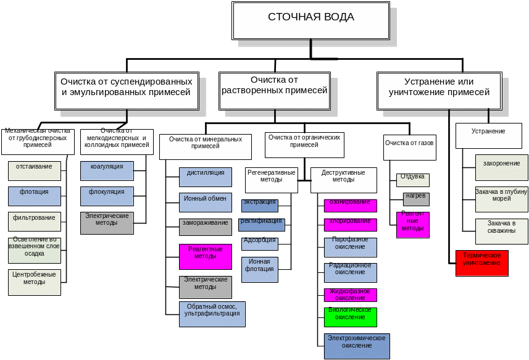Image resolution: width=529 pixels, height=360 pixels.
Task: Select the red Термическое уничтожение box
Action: click(x=481, y=263)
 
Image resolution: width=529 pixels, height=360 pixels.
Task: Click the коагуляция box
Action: click(x=107, y=170)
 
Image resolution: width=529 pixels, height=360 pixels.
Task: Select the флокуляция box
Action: click(x=107, y=196)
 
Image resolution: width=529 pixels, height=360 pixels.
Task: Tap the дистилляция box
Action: click(x=205, y=177)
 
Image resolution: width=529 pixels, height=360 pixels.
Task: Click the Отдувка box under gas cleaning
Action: click(x=412, y=180)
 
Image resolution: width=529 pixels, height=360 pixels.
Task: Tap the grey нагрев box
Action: click(x=415, y=199)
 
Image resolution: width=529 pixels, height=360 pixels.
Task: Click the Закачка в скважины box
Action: click(x=501, y=231)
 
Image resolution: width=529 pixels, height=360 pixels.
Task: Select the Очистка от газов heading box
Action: click(x=409, y=147)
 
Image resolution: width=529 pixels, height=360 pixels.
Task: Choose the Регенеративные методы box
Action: click(x=271, y=180)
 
